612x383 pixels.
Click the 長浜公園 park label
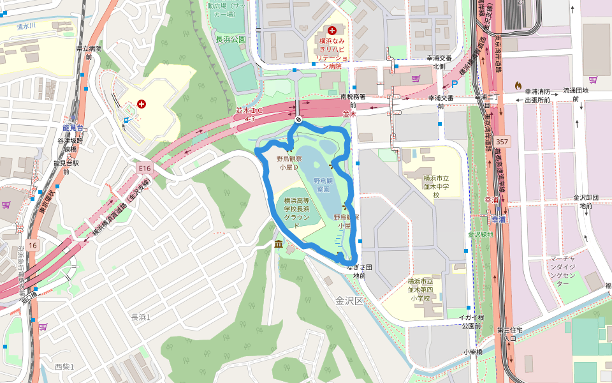pos(231,40)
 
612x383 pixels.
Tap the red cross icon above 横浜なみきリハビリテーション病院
pos(331,30)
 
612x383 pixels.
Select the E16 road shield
pos(145,168)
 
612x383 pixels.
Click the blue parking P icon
pos(455,84)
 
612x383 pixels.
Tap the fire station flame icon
pos(518,84)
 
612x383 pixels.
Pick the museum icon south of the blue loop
pos(279,245)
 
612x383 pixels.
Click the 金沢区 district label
pos(349,300)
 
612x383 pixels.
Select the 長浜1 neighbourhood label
pos(140,317)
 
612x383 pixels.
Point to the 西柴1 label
pos(64,366)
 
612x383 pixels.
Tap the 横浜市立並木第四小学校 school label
pos(421,290)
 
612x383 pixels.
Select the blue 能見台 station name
pos(65,128)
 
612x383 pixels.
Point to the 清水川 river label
pos(27,27)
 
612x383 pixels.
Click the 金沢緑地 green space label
pos(480,234)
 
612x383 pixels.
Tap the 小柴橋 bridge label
pos(473,352)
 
